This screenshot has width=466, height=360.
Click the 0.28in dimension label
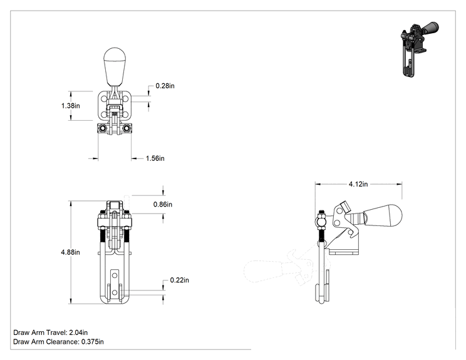tap(165, 86)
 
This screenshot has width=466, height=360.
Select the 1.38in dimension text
tap(70, 106)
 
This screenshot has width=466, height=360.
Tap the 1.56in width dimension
tap(155, 158)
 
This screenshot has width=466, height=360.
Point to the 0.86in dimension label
tap(163, 204)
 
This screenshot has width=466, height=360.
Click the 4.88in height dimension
tap(70, 252)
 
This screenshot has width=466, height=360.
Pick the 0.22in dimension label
tap(179, 280)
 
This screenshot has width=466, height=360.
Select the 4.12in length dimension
tap(358, 184)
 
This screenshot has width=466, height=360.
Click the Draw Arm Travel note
tap(51, 332)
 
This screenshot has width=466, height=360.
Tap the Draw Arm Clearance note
tap(58, 342)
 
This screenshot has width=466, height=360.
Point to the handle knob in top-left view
tap(115, 66)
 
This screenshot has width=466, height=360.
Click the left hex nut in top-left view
tap(103, 128)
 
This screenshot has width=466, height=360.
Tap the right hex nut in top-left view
tap(127, 128)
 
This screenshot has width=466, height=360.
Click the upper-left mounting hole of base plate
tap(105, 98)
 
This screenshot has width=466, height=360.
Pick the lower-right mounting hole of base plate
tap(125, 115)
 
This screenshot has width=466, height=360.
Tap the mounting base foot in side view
tap(344, 252)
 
